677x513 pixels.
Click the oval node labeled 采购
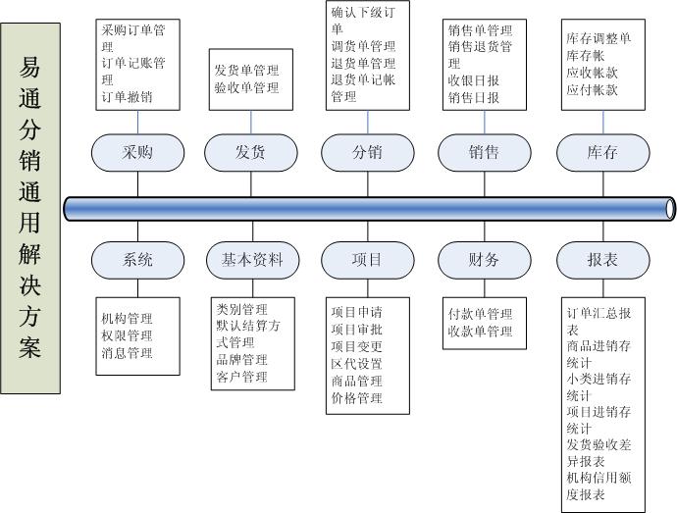(x=138, y=153)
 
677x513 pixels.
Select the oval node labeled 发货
(x=251, y=153)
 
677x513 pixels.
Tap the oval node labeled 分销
(x=367, y=153)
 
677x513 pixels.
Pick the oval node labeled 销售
(x=484, y=153)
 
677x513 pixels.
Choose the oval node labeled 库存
(x=601, y=153)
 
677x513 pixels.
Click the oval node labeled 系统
(x=138, y=260)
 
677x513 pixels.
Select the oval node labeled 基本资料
(x=251, y=260)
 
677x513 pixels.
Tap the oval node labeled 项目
(x=367, y=260)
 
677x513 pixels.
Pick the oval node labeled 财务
(x=484, y=260)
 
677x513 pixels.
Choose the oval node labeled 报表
(x=601, y=260)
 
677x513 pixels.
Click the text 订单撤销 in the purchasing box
(x=127, y=96)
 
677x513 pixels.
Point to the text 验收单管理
(x=246, y=88)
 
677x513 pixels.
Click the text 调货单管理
(x=363, y=46)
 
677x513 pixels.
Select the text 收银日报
(x=474, y=80)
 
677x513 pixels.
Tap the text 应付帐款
(x=592, y=89)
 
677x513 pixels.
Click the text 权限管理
(x=127, y=335)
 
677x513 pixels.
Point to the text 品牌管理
(x=241, y=359)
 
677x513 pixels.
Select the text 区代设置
(x=357, y=363)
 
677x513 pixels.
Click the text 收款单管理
(x=480, y=332)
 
